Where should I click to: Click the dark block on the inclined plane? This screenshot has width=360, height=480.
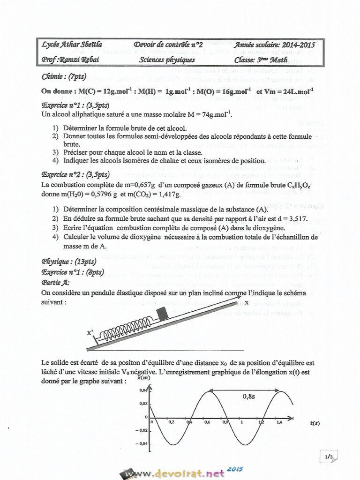pyautogui.click(x=163, y=313)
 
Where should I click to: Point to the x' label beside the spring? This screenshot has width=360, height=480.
pyautogui.click(x=90, y=333)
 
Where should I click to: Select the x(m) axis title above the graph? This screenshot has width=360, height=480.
pyautogui.click(x=144, y=378)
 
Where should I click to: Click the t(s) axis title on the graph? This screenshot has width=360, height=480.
pyautogui.click(x=315, y=423)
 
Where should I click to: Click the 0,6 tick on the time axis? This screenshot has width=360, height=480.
pyautogui.click(x=207, y=422)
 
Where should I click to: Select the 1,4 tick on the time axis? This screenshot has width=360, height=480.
pyautogui.click(x=279, y=422)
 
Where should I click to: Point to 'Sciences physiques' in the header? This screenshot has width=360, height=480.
pyautogui.click(x=167, y=60)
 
